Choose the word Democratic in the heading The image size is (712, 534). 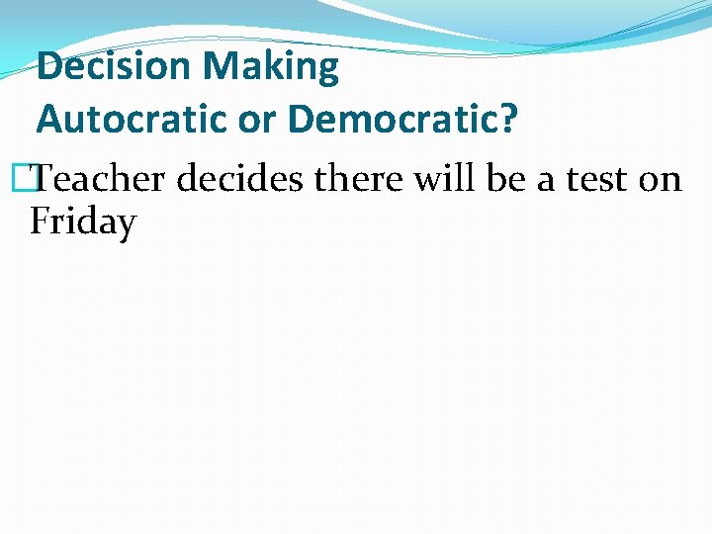[x=395, y=119]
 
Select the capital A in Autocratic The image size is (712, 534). [x=48, y=119]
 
